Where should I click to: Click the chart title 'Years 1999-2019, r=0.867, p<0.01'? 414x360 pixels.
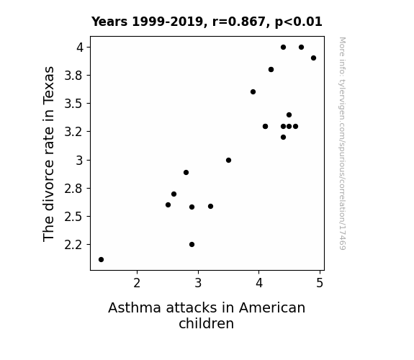[207, 22]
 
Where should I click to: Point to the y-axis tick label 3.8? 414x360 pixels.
[73, 76]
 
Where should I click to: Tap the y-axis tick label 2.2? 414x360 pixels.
[73, 245]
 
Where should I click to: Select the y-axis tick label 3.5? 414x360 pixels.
[73, 104]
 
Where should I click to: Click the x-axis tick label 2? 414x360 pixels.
[137, 283]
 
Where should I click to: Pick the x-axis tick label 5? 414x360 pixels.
[320, 283]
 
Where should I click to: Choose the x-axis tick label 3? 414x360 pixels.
[198, 283]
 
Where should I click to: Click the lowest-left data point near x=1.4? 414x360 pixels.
[101, 260]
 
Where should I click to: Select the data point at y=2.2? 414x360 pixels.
[192, 245]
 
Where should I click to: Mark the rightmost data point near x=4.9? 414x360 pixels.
[313, 58]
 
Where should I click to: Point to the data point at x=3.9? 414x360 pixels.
[253, 92]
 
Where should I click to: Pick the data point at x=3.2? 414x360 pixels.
[210, 207]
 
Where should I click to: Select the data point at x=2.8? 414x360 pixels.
[186, 173]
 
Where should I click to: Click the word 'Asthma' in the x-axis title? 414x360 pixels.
[135, 308]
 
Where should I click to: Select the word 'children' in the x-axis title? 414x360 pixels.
[207, 323]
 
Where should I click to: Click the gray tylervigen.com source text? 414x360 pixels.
[342, 143]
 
